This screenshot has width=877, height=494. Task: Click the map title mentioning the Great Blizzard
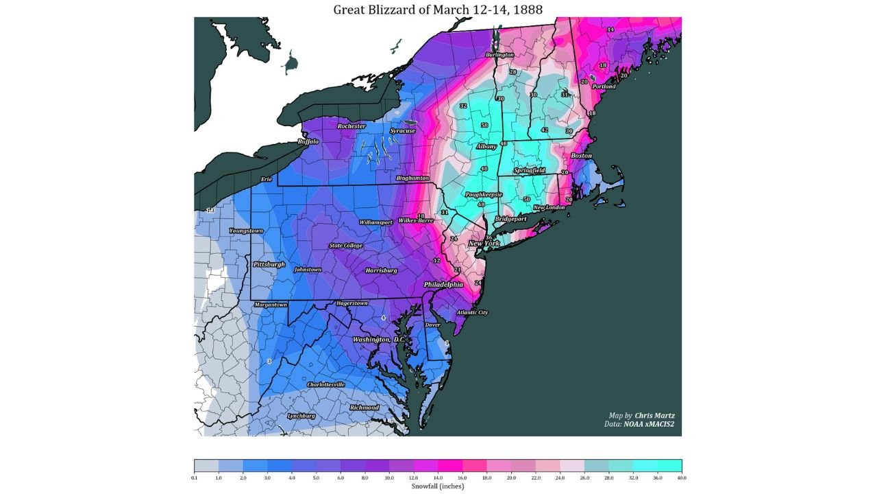pos(438,10)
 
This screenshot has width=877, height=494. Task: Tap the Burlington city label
pos(499,55)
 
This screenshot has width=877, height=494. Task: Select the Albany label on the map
pos(486,147)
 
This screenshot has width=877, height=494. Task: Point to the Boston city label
pos(581,156)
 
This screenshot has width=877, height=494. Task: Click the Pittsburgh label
pos(269,264)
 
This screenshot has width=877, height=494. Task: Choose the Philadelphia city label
pos(443,284)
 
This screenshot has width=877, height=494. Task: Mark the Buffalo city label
pos(308,142)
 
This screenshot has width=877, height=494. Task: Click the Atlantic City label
pos(472,313)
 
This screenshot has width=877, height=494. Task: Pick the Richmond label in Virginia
pos(364,408)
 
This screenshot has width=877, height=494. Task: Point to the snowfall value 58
pos(484,126)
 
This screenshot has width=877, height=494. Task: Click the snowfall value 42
pos(545,130)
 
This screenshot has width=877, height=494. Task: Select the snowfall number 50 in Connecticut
pos(527,199)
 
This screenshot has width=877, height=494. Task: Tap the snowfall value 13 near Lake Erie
pos(210,210)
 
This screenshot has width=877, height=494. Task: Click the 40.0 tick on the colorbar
pos(681,477)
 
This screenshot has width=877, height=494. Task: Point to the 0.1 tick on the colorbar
pos(195,477)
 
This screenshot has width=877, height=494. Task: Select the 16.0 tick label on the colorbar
pos(462,477)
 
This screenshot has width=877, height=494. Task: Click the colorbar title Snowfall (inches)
pos(438,486)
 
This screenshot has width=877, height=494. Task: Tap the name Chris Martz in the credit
pos(654,415)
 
